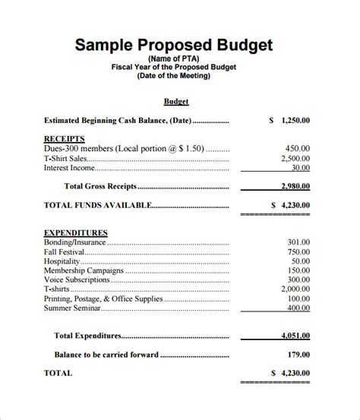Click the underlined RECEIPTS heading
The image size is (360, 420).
64,139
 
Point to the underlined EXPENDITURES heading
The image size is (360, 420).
76,232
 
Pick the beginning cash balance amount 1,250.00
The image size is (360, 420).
295,120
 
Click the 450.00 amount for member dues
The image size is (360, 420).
297,149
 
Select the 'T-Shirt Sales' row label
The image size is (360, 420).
65,159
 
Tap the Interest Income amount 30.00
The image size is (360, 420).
300,168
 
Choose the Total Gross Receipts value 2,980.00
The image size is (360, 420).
295,185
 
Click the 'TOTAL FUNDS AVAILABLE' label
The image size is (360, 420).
97,204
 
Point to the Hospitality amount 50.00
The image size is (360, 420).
299,261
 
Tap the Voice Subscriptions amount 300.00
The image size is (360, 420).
297,279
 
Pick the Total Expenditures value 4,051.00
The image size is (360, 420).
295,335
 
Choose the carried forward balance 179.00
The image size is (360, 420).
297,354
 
